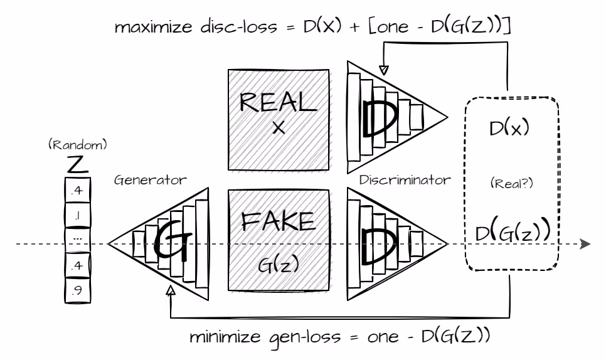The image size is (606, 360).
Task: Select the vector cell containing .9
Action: [x=77, y=290]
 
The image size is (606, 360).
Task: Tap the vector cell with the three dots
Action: [x=77, y=238]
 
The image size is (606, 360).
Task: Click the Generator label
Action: [x=151, y=181]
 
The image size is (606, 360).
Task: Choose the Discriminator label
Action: [x=405, y=181]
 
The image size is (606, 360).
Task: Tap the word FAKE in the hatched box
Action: [x=277, y=222]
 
